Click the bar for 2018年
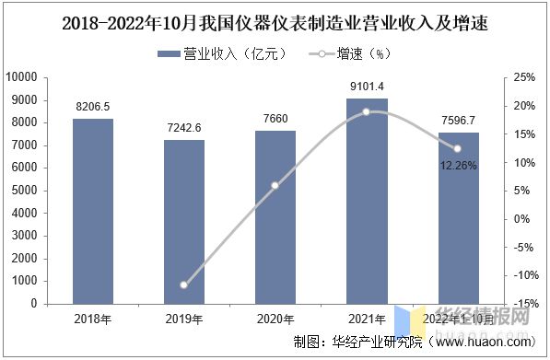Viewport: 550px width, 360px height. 93,211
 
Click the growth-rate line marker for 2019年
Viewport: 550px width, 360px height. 184,285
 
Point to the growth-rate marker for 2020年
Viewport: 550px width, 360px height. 275,186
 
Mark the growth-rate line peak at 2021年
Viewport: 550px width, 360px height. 366,112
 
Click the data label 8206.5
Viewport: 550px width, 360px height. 93,107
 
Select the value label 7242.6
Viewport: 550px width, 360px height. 184,128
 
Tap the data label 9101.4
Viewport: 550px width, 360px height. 366,86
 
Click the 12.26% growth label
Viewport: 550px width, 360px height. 457,165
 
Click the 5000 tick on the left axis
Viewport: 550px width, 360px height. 51,191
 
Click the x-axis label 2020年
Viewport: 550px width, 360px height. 275,319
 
